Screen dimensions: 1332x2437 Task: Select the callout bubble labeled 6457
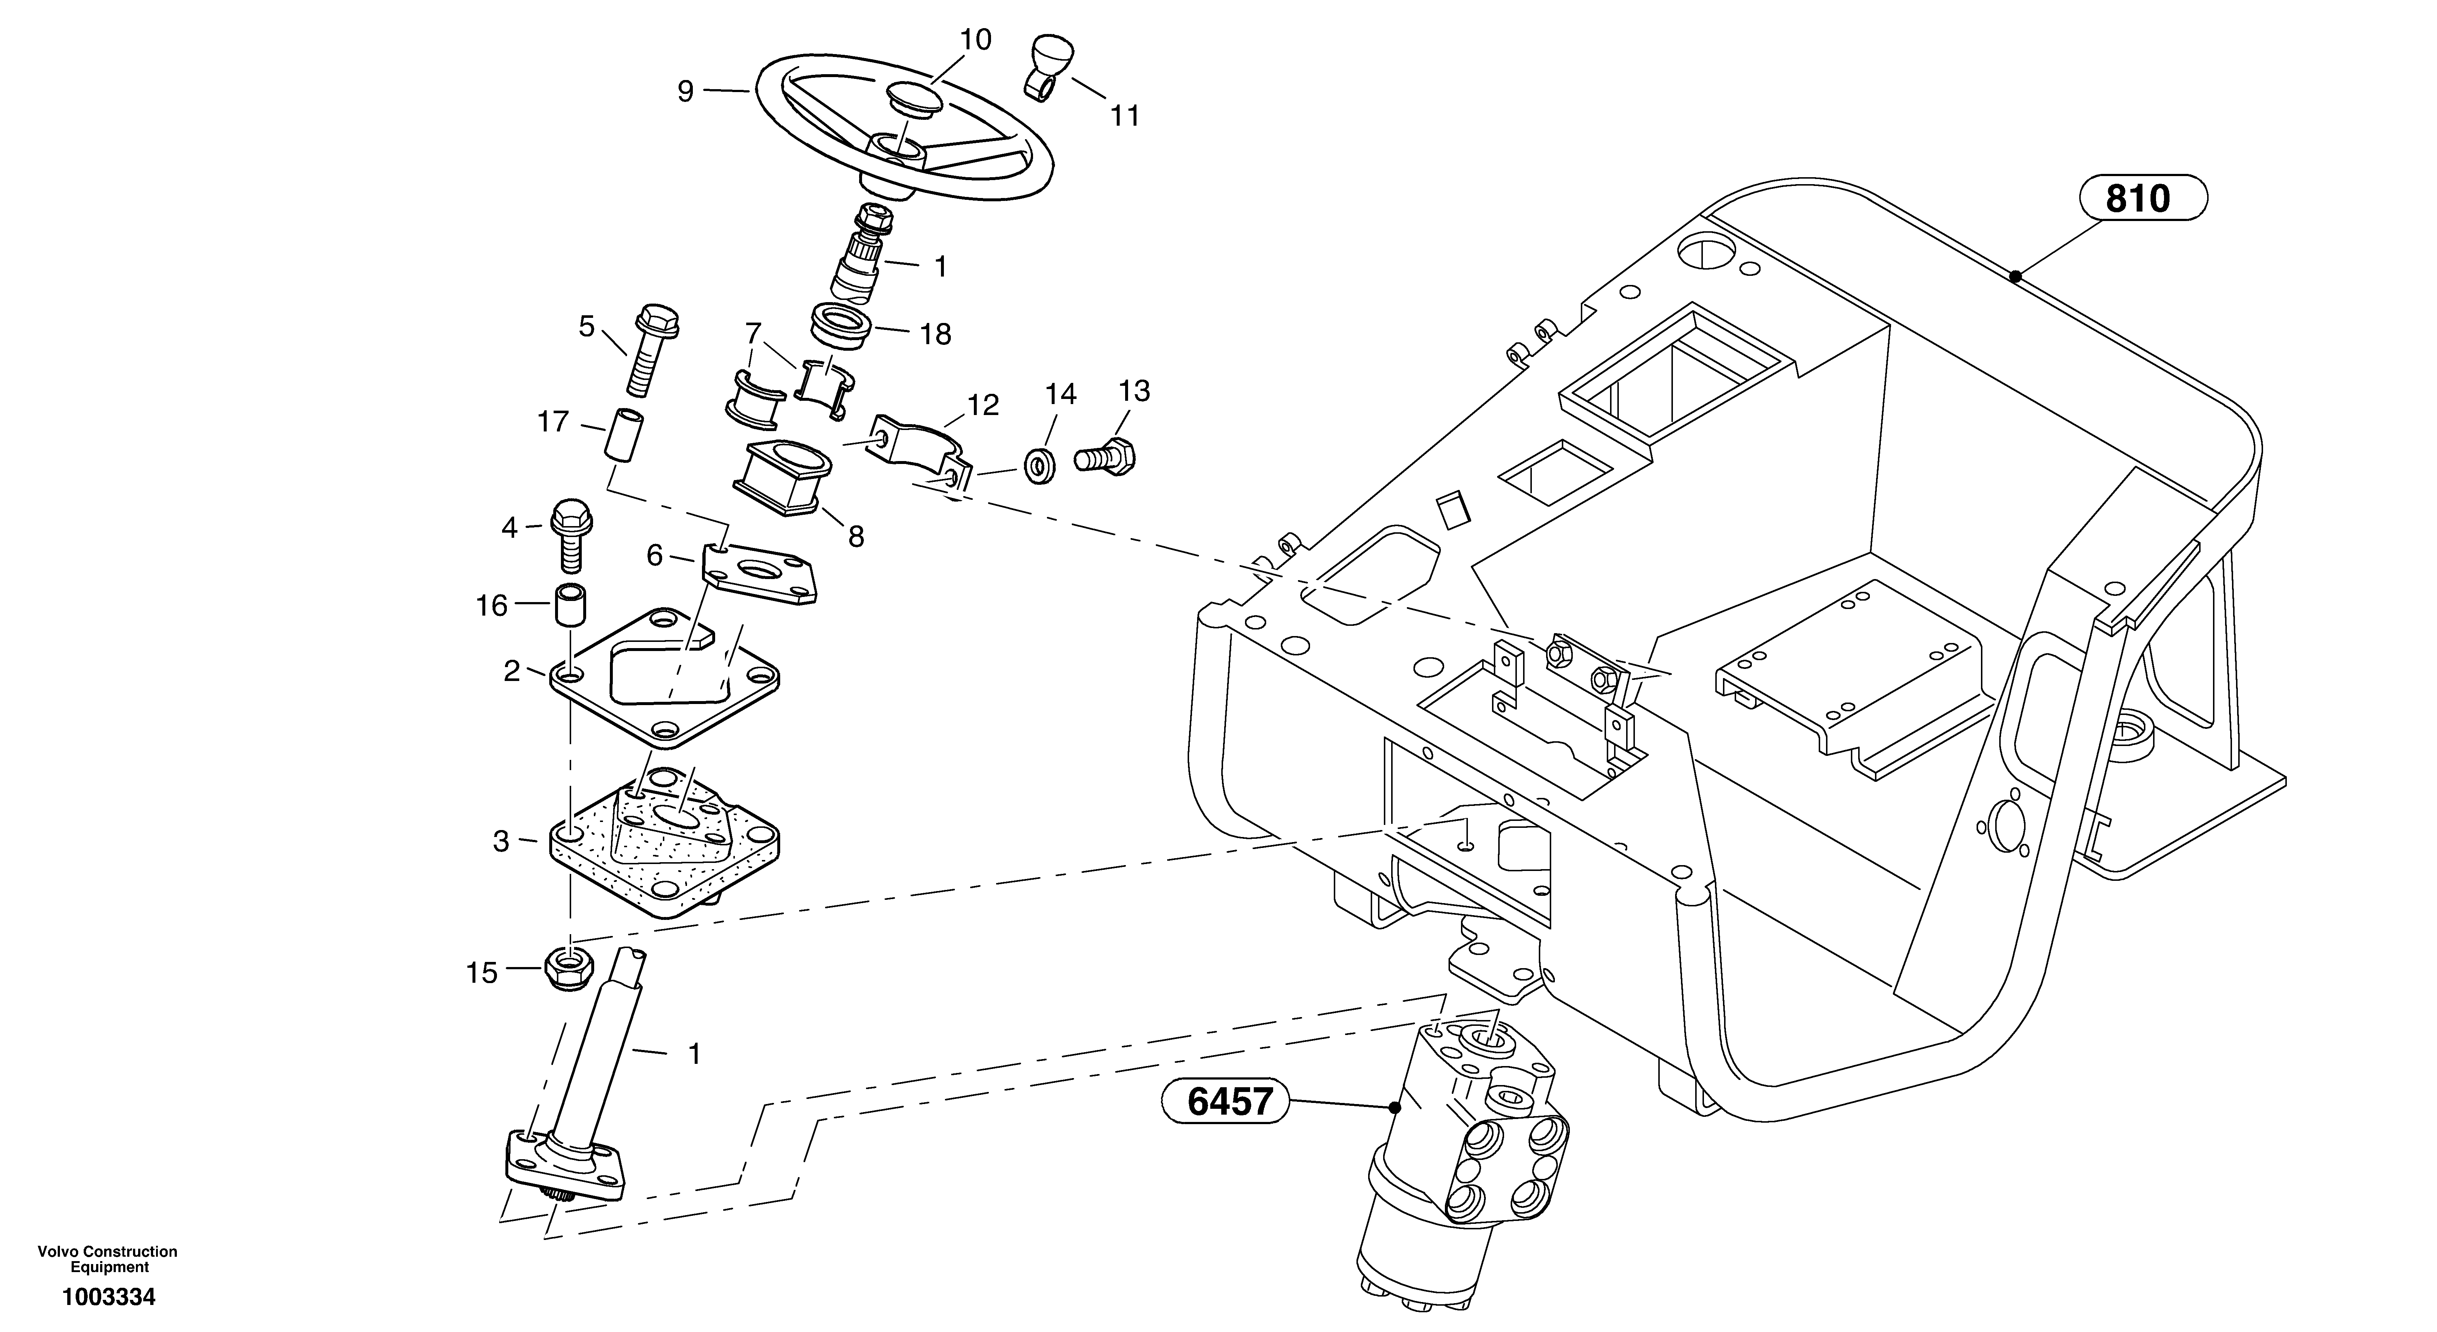point(1225,1102)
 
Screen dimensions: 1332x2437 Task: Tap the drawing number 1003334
point(108,1297)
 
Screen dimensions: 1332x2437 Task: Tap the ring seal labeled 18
point(842,324)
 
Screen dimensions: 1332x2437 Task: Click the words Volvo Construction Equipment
point(108,1259)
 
